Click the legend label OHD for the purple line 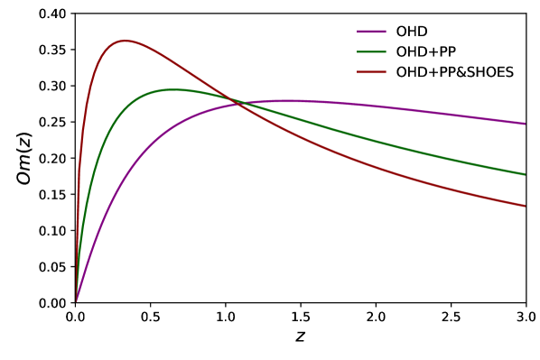tap(412, 32)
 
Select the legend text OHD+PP tap(426, 51)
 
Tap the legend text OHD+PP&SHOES tap(454, 72)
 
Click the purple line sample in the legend tap(371, 32)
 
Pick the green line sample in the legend tap(371, 51)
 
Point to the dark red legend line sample tap(371, 72)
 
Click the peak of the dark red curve tap(124, 41)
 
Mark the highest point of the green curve tap(172, 89)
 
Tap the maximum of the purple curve tap(287, 100)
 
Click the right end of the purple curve tap(525, 124)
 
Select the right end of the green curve tap(525, 174)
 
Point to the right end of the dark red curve tap(525, 206)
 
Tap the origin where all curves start tap(76, 301)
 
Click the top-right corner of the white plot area tap(525, 14)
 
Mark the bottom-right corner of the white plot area tap(525, 301)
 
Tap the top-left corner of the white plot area tap(76, 14)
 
